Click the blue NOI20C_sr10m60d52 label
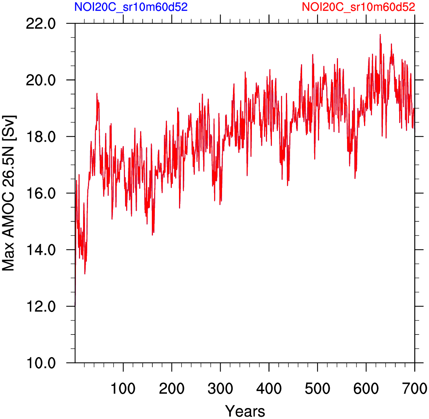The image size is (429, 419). pyautogui.click(x=131, y=7)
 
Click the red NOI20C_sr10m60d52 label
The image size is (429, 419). pyautogui.click(x=358, y=7)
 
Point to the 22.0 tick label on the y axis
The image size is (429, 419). pyautogui.click(x=41, y=24)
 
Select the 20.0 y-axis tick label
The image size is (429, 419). pyautogui.click(x=41, y=80)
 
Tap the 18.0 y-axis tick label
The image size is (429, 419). pyautogui.click(x=41, y=137)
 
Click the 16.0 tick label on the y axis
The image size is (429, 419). pyautogui.click(x=41, y=194)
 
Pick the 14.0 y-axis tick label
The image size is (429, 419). pyautogui.click(x=41, y=250)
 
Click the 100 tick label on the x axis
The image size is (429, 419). pyautogui.click(x=123, y=388)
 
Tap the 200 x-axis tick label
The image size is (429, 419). pyautogui.click(x=172, y=388)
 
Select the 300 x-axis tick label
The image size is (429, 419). pyautogui.click(x=220, y=388)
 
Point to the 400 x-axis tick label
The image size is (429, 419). pyautogui.click(x=269, y=388)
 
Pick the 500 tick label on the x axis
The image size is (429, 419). pyautogui.click(x=318, y=388)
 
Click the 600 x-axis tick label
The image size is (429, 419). pyautogui.click(x=366, y=388)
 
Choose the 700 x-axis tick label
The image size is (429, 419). pyautogui.click(x=415, y=388)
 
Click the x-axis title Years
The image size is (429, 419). pyautogui.click(x=245, y=411)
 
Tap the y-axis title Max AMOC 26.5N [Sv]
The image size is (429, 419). pyautogui.click(x=8, y=192)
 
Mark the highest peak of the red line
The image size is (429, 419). pyautogui.click(x=380, y=34)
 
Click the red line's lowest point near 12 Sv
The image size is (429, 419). pyautogui.click(x=76, y=305)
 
